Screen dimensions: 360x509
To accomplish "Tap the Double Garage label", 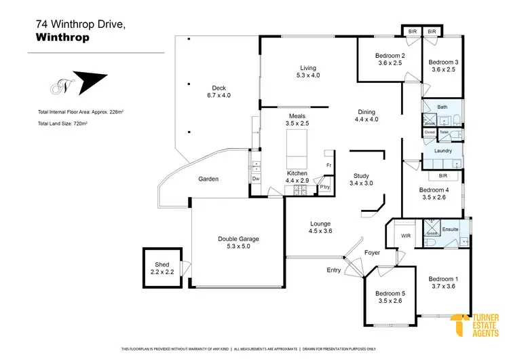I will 238,238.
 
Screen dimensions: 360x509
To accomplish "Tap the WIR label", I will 406,236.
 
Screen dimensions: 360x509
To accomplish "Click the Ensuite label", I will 450,229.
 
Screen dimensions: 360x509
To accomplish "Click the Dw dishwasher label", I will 256,179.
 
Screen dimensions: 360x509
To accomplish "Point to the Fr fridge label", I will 328,165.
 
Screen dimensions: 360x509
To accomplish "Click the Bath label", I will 442,107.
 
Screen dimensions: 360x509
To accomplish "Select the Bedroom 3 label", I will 443,62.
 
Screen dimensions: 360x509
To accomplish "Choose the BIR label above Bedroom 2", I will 412,31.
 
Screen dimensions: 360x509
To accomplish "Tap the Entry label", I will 333,270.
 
